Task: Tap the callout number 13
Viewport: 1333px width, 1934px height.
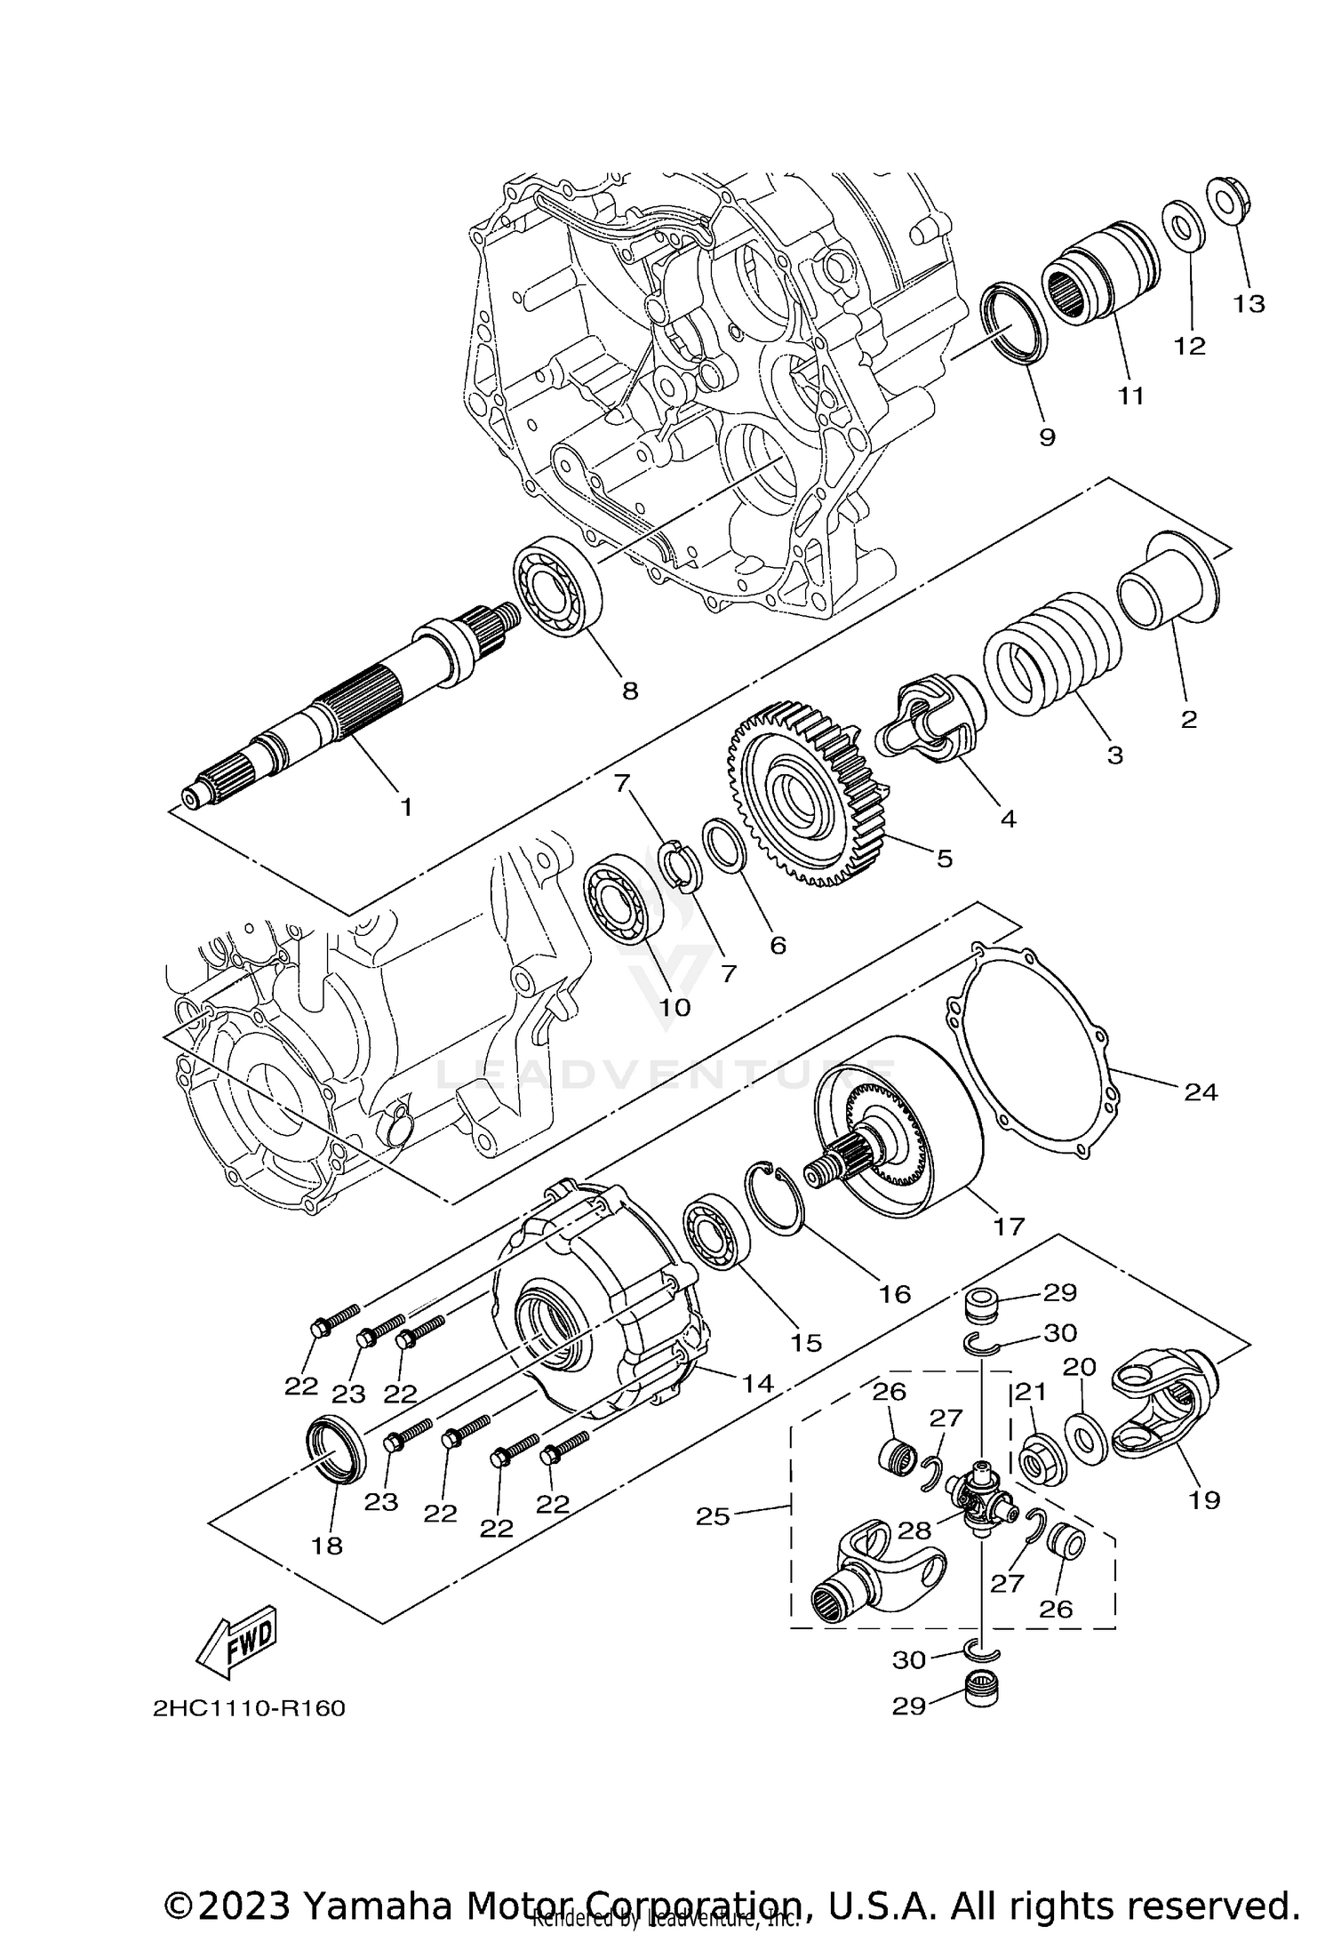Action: (x=1249, y=304)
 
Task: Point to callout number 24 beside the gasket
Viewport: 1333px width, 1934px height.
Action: (x=1201, y=1091)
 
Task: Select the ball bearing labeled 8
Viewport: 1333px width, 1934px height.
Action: (x=559, y=586)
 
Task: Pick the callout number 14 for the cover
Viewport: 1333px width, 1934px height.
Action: (x=757, y=1408)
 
